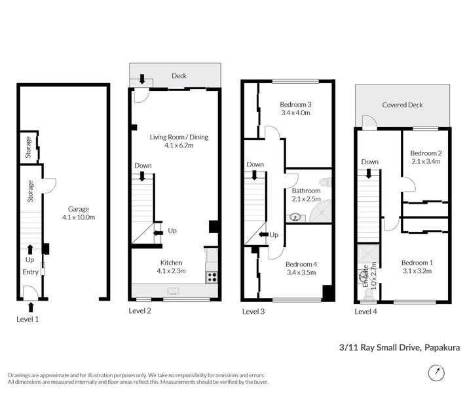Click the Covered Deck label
point(402,105)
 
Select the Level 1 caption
point(28,319)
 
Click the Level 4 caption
point(365,312)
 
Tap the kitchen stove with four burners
point(212,277)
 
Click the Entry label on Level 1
point(30,272)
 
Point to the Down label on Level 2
point(143,166)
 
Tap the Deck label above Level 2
point(179,76)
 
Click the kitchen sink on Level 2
point(173,289)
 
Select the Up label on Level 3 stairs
point(274,234)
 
